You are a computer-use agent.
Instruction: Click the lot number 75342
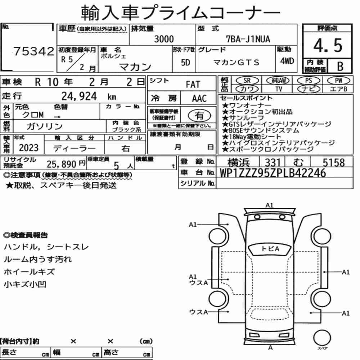click(x=34, y=51)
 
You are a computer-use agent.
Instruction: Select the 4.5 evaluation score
click(x=328, y=45)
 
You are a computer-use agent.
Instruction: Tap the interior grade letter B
click(x=340, y=66)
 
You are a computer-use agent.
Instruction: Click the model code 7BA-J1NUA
click(x=248, y=39)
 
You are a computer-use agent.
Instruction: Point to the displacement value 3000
click(x=164, y=39)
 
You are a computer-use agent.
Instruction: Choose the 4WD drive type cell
click(x=287, y=61)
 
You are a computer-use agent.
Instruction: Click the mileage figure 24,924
click(x=79, y=96)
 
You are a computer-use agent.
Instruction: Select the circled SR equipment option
click(x=247, y=81)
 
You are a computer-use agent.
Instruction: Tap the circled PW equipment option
click(x=338, y=81)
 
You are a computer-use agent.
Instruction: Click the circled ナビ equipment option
click(x=309, y=89)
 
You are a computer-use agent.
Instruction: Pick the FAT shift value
click(x=193, y=85)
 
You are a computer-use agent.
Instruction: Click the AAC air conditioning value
click(x=199, y=99)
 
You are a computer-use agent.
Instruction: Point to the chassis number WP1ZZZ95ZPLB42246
click(x=273, y=173)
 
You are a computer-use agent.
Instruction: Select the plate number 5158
click(x=334, y=163)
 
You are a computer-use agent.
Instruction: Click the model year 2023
click(x=29, y=148)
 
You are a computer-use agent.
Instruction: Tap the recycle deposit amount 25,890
click(x=62, y=164)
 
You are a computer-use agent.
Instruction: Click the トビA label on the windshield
click(x=270, y=249)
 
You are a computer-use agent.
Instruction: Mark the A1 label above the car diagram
click(x=269, y=205)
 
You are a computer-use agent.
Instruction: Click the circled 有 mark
click(x=199, y=115)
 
